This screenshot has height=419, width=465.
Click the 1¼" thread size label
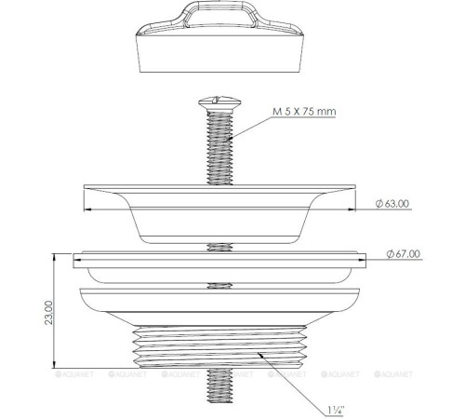tap(334, 407)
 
